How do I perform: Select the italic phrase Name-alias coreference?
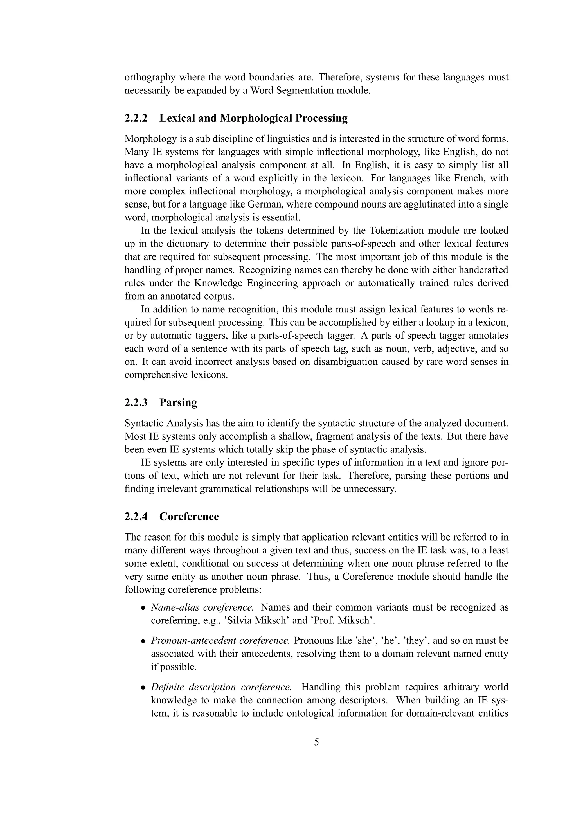[202, 607]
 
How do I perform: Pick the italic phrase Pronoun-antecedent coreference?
[220, 640]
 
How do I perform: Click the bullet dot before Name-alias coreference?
[143, 608]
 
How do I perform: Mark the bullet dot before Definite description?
[143, 688]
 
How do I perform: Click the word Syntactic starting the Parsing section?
[143, 423]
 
